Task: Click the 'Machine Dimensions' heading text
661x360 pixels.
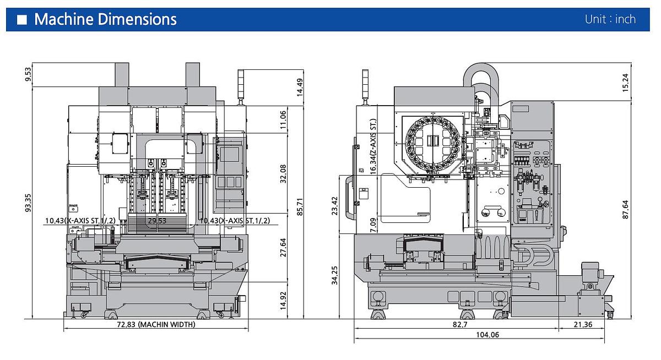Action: (x=105, y=19)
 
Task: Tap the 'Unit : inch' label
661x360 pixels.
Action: (x=610, y=19)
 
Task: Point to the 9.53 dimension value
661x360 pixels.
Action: (x=29, y=74)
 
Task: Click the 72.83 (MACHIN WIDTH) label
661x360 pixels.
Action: (x=156, y=325)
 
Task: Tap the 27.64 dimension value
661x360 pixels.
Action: (x=283, y=247)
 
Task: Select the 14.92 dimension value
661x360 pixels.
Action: (x=283, y=300)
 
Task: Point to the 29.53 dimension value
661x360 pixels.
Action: (x=158, y=221)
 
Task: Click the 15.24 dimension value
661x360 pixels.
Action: (x=625, y=82)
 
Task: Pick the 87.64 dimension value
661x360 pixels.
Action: (x=625, y=209)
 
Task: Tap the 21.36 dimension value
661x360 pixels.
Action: (x=582, y=325)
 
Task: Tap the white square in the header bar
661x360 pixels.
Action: (x=22, y=20)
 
